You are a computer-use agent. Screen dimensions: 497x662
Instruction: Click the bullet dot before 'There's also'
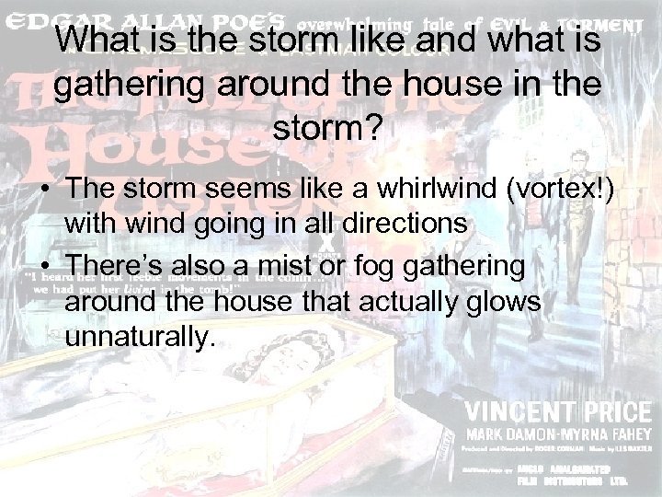[44, 266]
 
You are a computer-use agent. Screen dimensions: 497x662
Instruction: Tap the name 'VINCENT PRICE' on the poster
[560, 410]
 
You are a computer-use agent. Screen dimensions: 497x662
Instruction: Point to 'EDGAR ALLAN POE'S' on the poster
[147, 21]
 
